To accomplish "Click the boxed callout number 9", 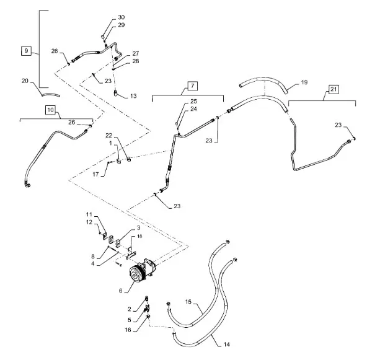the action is (26, 51).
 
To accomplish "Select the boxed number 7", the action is (192, 86).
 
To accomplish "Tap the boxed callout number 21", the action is (334, 89).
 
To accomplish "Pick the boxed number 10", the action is (51, 110).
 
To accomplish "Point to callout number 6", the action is (121, 291).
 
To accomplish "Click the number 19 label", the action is (304, 82).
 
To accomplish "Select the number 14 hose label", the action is (226, 345).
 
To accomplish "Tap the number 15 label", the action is (188, 302).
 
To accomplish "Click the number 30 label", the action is (122, 17).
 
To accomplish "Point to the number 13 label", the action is (133, 96).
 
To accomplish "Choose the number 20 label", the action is (25, 81).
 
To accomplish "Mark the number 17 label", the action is (95, 174).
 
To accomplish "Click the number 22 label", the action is (109, 136).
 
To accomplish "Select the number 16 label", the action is (128, 330).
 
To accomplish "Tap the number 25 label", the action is (193, 101).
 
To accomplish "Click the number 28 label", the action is (136, 61).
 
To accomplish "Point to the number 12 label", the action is (89, 222).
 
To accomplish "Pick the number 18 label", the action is (139, 236).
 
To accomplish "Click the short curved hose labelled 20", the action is (51, 95).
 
